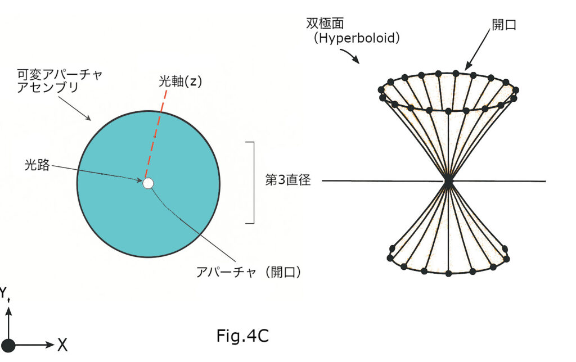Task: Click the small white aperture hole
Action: click(148, 183)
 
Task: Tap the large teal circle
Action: click(112, 214)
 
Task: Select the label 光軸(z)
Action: click(179, 82)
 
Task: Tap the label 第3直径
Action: click(287, 181)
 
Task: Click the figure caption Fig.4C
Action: click(242, 336)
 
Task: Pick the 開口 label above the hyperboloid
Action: click(503, 24)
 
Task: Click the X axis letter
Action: click(62, 345)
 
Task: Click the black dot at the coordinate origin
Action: click(8, 345)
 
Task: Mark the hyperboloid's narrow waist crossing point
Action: click(448, 181)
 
